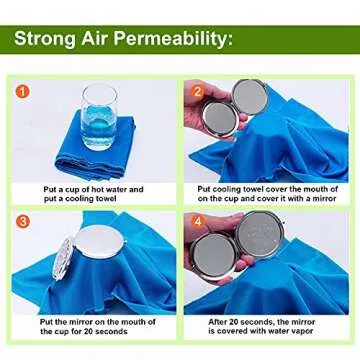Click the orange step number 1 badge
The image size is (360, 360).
[22, 91]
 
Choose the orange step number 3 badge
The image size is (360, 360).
[22, 220]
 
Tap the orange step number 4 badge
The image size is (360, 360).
[197, 221]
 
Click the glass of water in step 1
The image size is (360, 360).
[100, 115]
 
